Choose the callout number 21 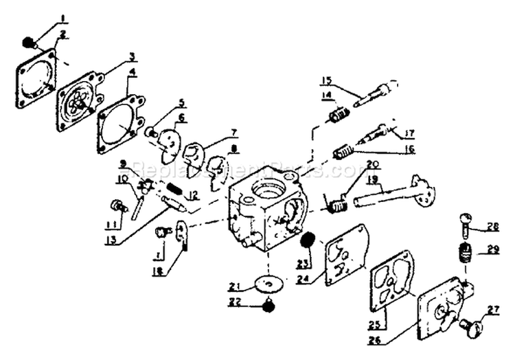point(235,286)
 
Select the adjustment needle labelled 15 point(374,95)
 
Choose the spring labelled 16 point(343,150)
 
